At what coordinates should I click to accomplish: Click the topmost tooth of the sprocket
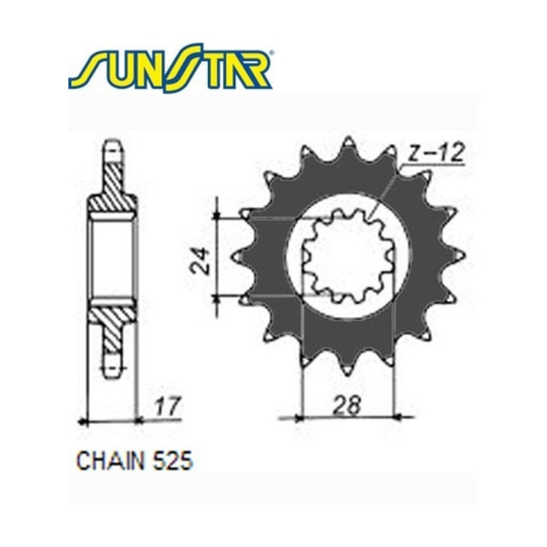click(x=347, y=144)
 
